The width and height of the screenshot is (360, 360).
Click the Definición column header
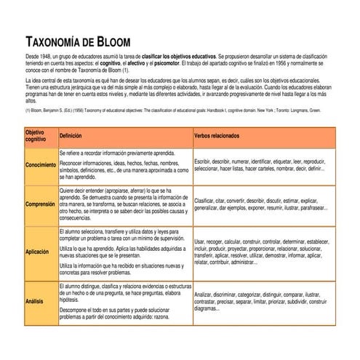[x=71, y=136]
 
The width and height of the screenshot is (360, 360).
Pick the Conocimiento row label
[x=40, y=164]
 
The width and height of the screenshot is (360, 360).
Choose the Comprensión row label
[x=40, y=204]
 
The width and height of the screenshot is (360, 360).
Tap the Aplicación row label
[x=37, y=252]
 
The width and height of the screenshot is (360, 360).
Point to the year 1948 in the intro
[x=49, y=55]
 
